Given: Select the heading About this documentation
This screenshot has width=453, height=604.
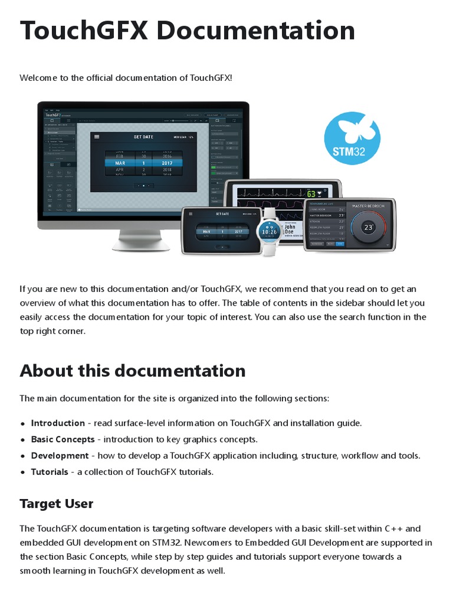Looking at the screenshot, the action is (133, 370).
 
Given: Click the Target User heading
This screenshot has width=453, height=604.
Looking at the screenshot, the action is (57, 504).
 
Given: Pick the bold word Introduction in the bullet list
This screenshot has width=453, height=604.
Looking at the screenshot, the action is (58, 423).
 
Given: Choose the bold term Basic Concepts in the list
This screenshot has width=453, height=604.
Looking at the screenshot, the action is (63, 439).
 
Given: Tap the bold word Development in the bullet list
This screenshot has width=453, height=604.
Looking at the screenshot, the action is (60, 455).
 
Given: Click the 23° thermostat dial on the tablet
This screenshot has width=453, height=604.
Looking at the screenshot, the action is (368, 227).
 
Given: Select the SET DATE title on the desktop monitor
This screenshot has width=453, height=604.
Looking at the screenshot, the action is (143, 137).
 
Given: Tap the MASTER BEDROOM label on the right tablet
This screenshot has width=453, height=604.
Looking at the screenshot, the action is (368, 206).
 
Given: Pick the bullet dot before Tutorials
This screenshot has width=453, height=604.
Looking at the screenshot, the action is (23, 472).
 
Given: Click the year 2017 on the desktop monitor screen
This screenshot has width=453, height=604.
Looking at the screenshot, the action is (166, 162).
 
